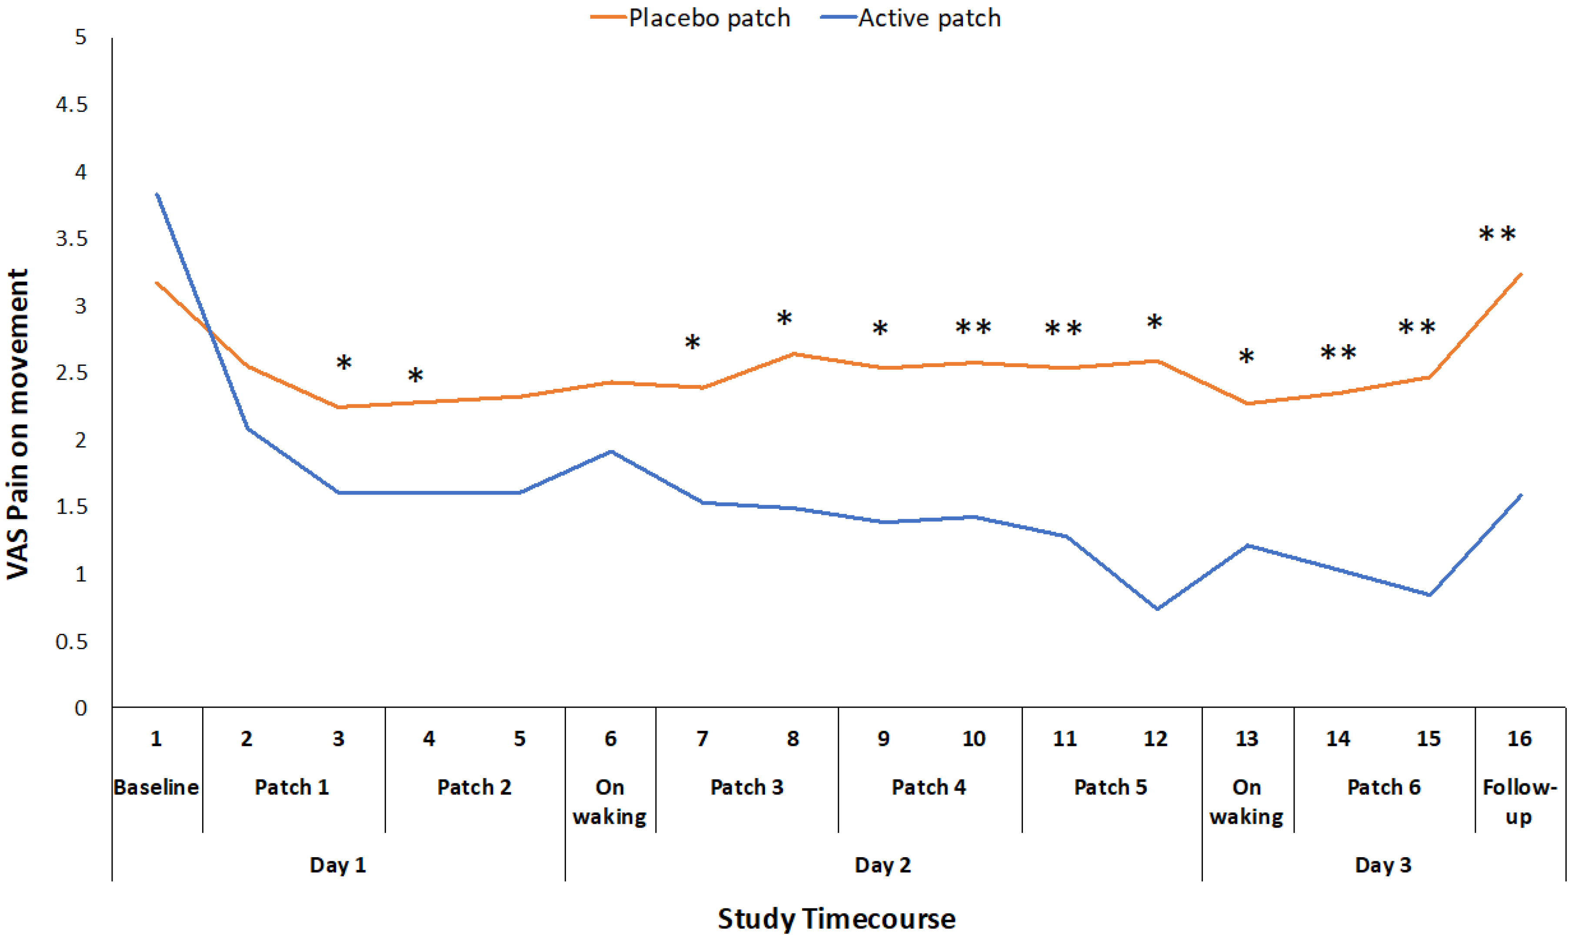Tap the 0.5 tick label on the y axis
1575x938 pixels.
click(x=71, y=642)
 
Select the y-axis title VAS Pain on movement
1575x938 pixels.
click(x=18, y=424)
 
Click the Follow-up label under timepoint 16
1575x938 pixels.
click(x=1519, y=802)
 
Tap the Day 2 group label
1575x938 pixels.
click(x=882, y=865)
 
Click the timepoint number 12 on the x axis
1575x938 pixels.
click(x=1155, y=738)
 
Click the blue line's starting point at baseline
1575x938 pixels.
click(x=156, y=194)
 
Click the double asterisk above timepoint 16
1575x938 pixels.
click(x=1497, y=235)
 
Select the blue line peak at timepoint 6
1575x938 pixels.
click(x=611, y=451)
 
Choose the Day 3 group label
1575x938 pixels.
click(x=1383, y=865)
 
